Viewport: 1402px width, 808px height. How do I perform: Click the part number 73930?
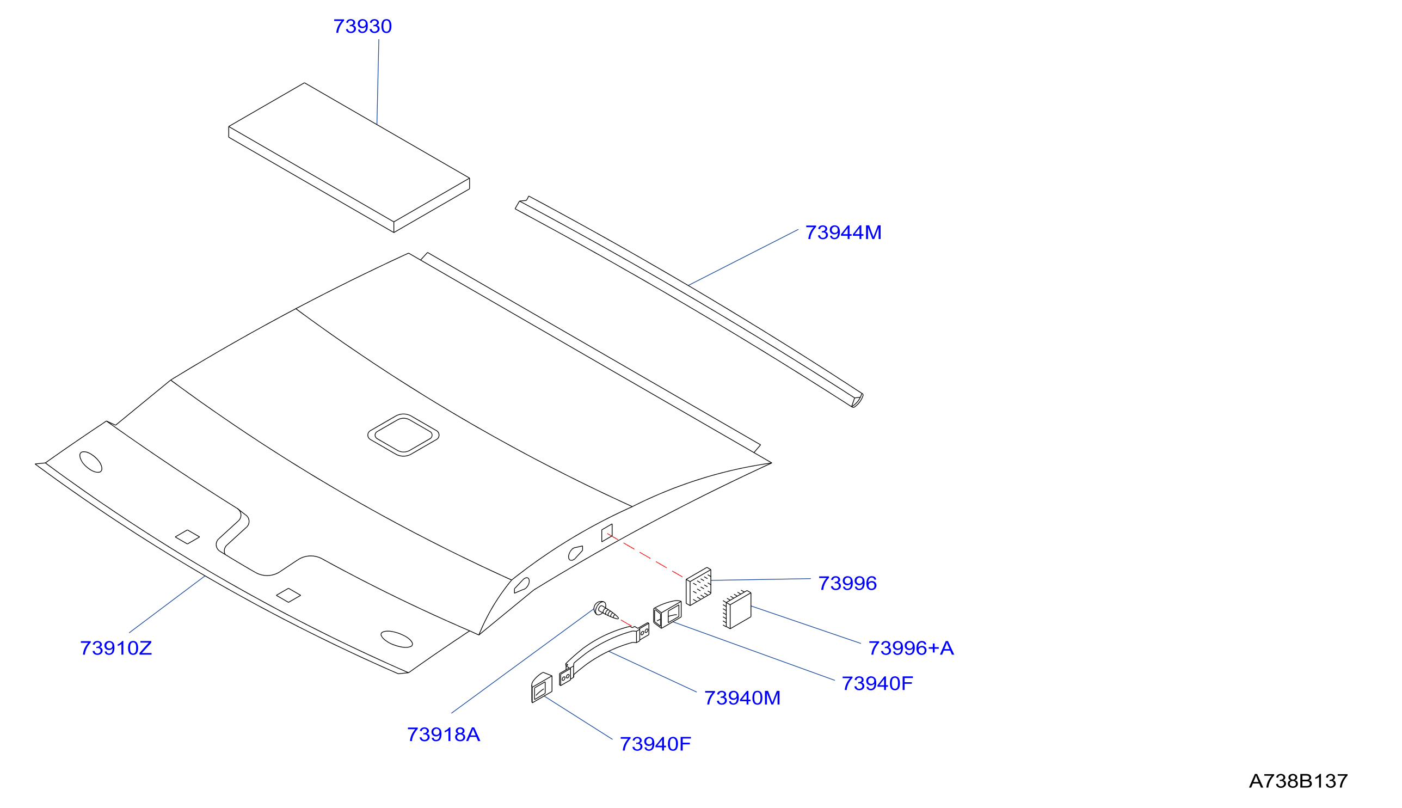[x=362, y=26]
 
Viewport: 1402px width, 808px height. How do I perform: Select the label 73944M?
[x=843, y=232]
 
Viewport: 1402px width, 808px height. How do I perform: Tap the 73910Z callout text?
[x=116, y=648]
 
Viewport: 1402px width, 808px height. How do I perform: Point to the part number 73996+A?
[x=911, y=648]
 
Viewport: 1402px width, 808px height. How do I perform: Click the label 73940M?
[x=742, y=698]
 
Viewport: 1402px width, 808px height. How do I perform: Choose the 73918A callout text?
[x=443, y=734]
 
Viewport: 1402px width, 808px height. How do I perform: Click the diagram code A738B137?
[x=1298, y=781]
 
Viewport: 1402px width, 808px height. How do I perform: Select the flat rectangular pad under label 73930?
[x=349, y=157]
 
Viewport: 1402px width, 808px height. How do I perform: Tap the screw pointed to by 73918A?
[x=605, y=610]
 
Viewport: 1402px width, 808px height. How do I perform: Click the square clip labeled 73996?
[x=698, y=586]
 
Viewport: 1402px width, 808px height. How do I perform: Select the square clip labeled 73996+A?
[x=737, y=609]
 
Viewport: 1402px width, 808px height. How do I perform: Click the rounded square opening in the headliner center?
[x=403, y=435]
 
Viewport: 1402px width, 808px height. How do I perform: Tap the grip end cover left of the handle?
[x=542, y=688]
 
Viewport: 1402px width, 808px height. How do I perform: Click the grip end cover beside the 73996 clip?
[x=667, y=614]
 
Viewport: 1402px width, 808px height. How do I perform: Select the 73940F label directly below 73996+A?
[x=877, y=684]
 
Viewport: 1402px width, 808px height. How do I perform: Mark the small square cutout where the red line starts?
[x=607, y=532]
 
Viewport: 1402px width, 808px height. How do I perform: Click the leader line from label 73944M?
[x=743, y=257]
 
